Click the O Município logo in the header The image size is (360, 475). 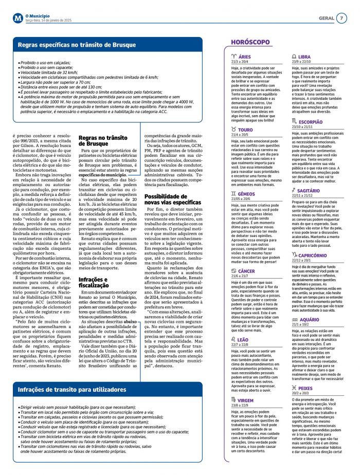18,18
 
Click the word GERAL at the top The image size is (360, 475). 326,18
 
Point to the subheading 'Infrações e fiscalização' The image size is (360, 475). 93,282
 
